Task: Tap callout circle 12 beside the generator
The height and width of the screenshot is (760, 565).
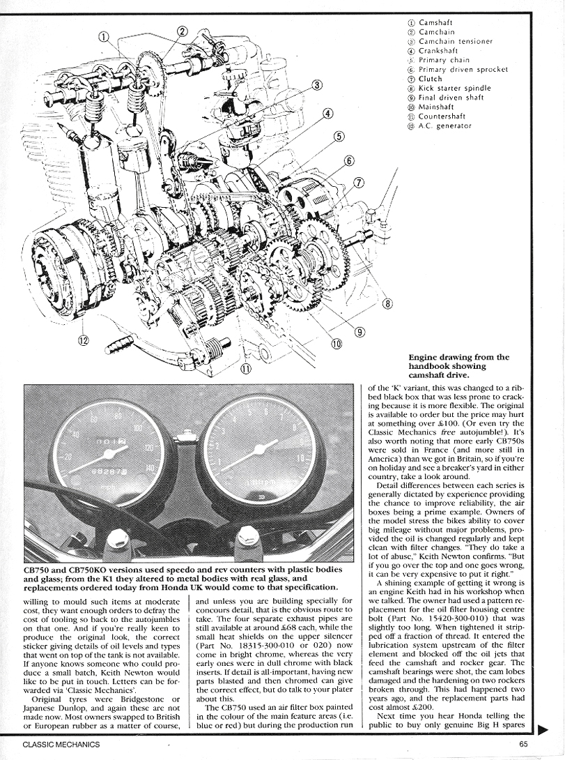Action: point(84,341)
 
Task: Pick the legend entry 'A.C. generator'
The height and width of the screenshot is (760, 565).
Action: point(444,126)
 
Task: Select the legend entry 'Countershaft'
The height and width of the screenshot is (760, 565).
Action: point(443,116)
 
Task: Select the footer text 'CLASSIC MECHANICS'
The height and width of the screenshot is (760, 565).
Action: point(61,745)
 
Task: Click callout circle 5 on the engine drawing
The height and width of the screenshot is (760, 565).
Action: point(339,136)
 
